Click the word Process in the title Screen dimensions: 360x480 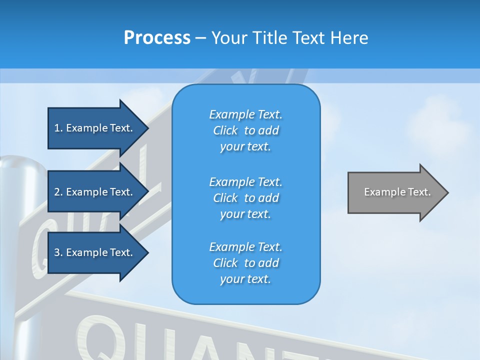(x=157, y=38)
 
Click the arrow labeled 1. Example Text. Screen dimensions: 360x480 (x=95, y=128)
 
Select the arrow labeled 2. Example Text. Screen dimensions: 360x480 (x=95, y=192)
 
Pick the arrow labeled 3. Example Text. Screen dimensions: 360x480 (x=95, y=252)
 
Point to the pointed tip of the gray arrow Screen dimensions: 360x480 (x=447, y=192)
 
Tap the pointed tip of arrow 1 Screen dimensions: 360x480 (x=147, y=128)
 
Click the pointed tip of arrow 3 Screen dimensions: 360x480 (x=147, y=252)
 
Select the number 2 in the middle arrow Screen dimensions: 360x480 (x=57, y=192)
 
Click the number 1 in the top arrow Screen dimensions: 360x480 (x=57, y=128)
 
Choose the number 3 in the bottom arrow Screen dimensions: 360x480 (x=57, y=252)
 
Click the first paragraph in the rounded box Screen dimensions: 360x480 (x=245, y=130)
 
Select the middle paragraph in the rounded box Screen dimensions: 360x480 (x=245, y=198)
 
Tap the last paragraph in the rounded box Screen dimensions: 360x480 (x=245, y=263)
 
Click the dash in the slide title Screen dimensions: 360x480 (x=200, y=38)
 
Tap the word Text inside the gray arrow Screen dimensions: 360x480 (x=419, y=192)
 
